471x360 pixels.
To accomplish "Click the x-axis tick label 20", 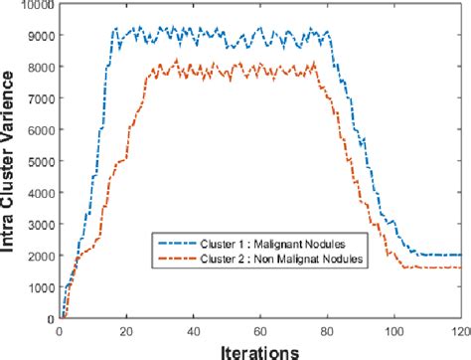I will click(x=127, y=331).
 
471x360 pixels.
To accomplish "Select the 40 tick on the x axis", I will click(x=194, y=331).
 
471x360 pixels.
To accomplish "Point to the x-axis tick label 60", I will click(x=260, y=331).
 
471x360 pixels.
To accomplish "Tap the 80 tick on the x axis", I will click(x=327, y=331).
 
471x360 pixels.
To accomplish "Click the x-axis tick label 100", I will click(x=393, y=331).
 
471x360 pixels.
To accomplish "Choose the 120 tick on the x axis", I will click(x=458, y=331).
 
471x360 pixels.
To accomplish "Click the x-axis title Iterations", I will click(x=260, y=349).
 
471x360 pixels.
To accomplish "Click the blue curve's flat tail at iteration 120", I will click(x=459, y=256).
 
